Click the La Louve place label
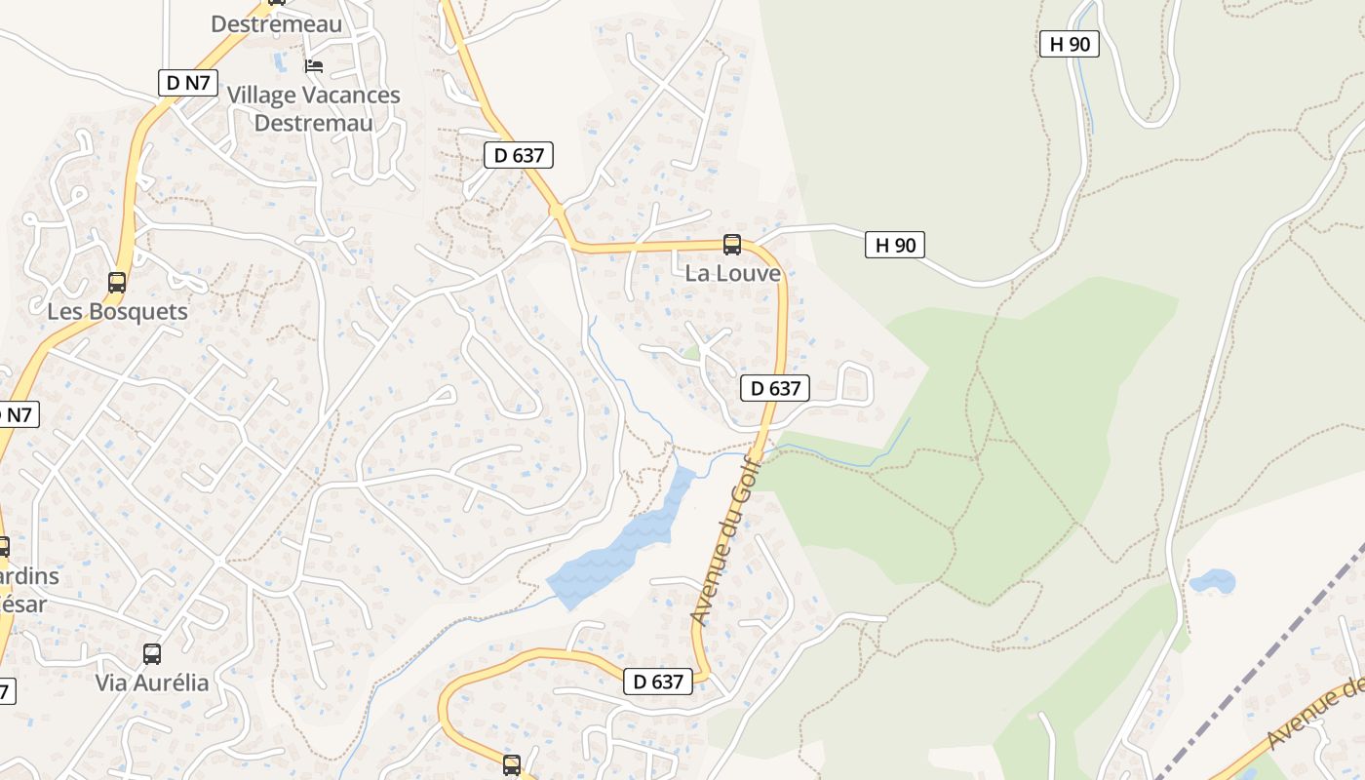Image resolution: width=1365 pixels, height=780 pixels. pos(732,273)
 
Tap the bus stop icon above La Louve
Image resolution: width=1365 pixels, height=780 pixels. pos(732,245)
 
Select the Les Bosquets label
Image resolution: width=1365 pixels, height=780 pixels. pos(117,312)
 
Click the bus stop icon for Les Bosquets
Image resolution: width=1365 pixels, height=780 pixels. pos(117,283)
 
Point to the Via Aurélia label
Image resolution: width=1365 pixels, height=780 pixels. pos(152,682)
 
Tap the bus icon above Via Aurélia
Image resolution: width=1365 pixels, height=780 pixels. pos(152,653)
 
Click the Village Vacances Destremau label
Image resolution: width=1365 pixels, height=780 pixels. pos(313,108)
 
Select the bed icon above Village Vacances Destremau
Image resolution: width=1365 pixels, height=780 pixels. pos(314,66)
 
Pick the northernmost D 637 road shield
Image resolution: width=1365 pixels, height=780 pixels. pos(519,154)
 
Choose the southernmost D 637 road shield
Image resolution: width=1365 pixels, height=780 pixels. pos(658,682)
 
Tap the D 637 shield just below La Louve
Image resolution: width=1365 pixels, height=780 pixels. pos(775,388)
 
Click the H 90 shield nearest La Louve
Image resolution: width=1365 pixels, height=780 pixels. pos(894,245)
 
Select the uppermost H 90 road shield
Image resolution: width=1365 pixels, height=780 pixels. pos(1069,44)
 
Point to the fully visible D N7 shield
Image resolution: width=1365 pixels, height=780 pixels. pos(187,83)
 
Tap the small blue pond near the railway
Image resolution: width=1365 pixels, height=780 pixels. pos(1212,582)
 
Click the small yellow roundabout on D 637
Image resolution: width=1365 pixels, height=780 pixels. pos(557,210)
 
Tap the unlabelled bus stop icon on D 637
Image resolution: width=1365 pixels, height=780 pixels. pos(512,765)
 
